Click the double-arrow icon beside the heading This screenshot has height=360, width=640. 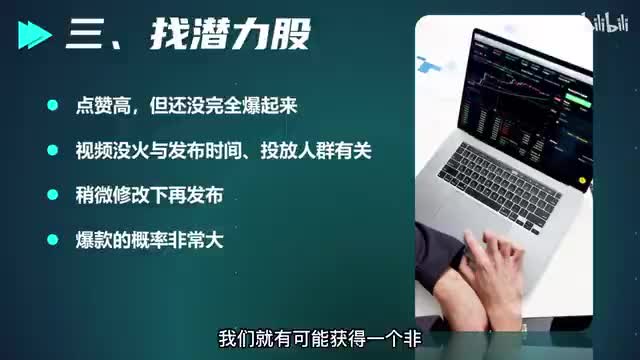point(35,35)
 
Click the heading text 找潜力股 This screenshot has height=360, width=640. point(231,35)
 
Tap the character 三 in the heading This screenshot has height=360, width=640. point(84,35)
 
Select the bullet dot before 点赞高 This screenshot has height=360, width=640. point(53,105)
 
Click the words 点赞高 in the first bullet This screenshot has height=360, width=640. point(103,106)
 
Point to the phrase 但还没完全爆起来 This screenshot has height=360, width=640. point(223,106)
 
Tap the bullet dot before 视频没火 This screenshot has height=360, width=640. point(53,150)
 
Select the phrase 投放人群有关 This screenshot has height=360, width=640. point(316,151)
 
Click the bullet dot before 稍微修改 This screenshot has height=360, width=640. point(53,195)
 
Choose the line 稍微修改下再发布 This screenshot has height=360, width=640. point(149,195)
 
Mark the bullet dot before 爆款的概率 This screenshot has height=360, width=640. point(53,240)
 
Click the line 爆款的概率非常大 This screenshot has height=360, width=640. point(149,240)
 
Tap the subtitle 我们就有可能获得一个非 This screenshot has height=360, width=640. point(320,339)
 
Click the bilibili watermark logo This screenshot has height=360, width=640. point(606,22)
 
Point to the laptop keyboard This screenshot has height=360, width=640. point(499,184)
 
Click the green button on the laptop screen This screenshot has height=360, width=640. point(578,98)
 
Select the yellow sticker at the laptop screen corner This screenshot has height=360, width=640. point(582,180)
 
